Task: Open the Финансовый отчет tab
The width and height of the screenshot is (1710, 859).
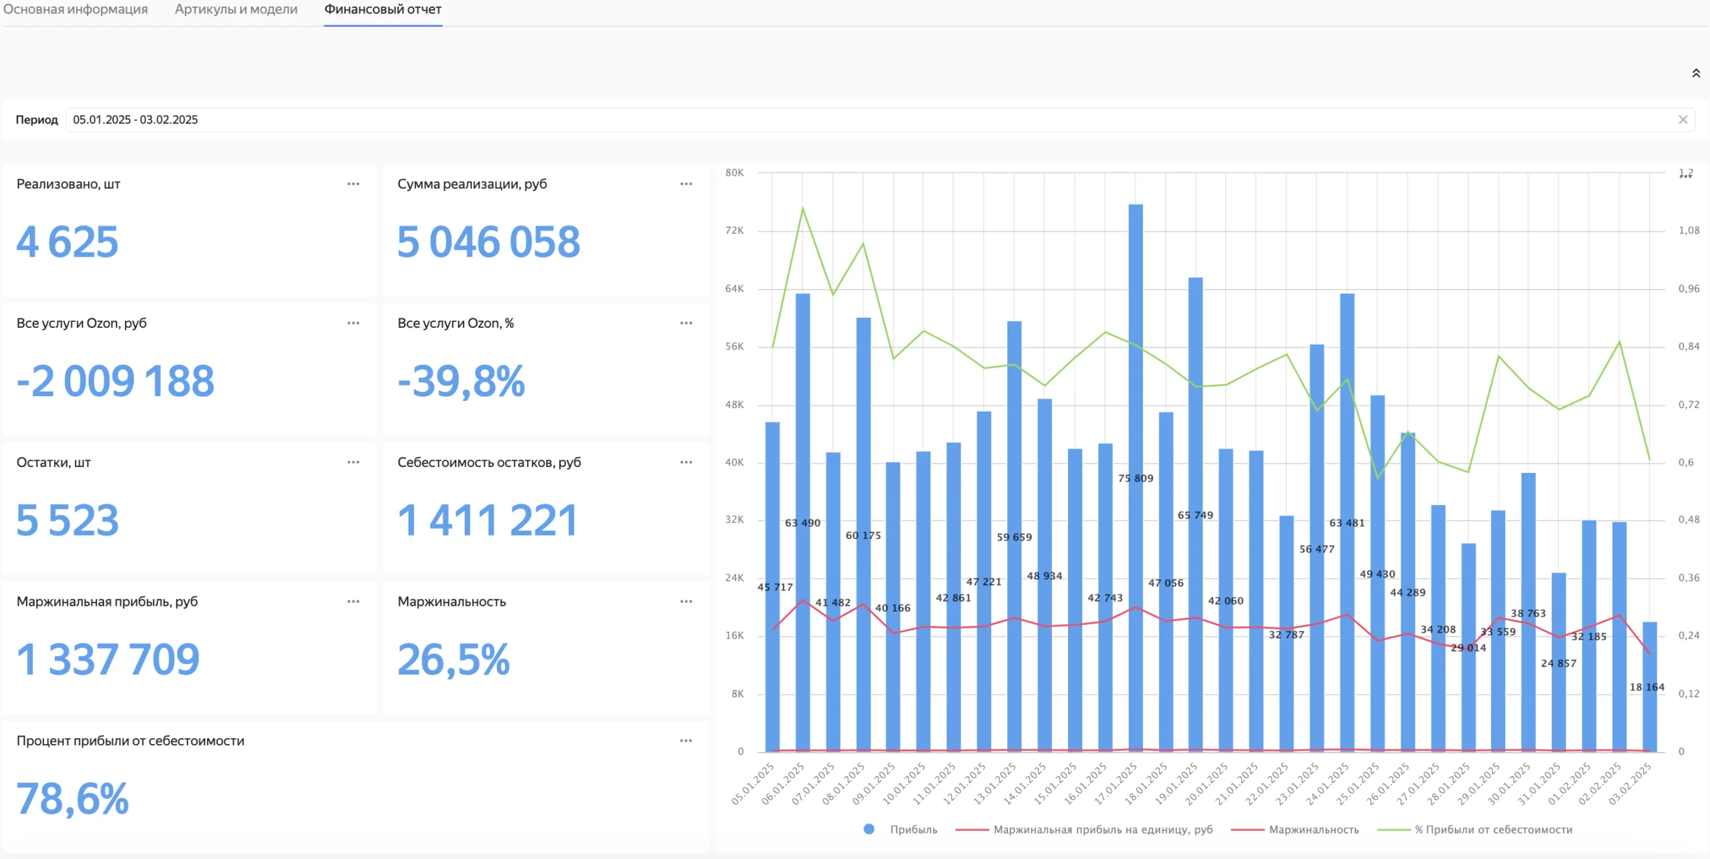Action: (383, 9)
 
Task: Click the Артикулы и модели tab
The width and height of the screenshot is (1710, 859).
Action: (236, 9)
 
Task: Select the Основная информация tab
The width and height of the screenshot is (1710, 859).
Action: (75, 9)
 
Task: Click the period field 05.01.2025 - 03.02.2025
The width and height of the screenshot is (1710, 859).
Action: (136, 120)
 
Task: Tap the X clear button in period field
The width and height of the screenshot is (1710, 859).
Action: (1683, 120)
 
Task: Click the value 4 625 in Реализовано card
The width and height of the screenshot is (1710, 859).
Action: (67, 241)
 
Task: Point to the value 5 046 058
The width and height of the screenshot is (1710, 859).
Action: (488, 241)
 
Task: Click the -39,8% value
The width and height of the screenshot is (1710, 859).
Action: (462, 381)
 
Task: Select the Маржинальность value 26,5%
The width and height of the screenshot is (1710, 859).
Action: (454, 659)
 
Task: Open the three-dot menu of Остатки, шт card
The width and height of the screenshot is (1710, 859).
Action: (353, 462)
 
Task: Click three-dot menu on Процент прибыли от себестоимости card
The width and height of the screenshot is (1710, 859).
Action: (686, 741)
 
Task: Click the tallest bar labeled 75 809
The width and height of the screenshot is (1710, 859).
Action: (1136, 478)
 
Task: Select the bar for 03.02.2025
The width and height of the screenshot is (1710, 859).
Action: (1649, 687)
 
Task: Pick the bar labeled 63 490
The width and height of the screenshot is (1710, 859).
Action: (803, 522)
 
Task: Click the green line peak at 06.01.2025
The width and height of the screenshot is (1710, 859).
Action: (803, 208)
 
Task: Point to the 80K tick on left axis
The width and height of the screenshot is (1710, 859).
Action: (734, 172)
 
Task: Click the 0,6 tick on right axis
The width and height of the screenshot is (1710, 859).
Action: (1686, 462)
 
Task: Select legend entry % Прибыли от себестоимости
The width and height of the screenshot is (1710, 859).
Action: (1475, 830)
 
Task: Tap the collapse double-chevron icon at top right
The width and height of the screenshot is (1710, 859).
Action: (1696, 73)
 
